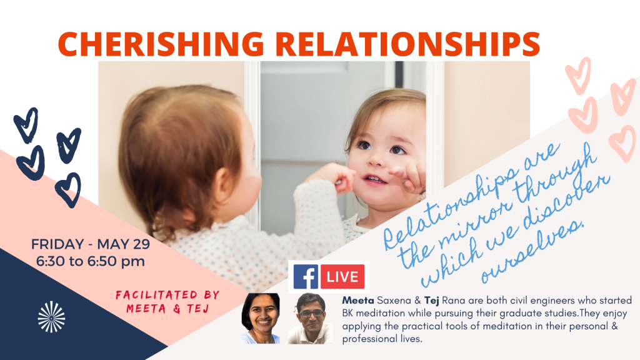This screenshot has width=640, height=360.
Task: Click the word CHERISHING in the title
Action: point(161,44)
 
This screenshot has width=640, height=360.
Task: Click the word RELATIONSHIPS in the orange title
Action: point(407,44)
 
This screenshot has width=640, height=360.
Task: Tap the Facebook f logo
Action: point(306,277)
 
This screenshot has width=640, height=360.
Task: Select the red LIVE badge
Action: point(342,277)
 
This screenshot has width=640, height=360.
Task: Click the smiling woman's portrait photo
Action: point(261,318)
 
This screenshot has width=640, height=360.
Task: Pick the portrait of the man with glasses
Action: point(311,319)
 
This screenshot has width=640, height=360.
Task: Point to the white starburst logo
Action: point(51,317)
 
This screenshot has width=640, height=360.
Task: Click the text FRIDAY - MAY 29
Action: point(91,244)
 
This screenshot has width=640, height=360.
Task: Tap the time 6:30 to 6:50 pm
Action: point(91,261)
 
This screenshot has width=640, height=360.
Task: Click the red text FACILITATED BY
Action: point(167,295)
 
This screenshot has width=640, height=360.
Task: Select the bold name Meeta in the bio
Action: point(358,301)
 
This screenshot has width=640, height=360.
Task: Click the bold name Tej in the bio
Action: point(431,301)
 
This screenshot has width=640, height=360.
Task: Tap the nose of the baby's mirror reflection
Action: point(377,161)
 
